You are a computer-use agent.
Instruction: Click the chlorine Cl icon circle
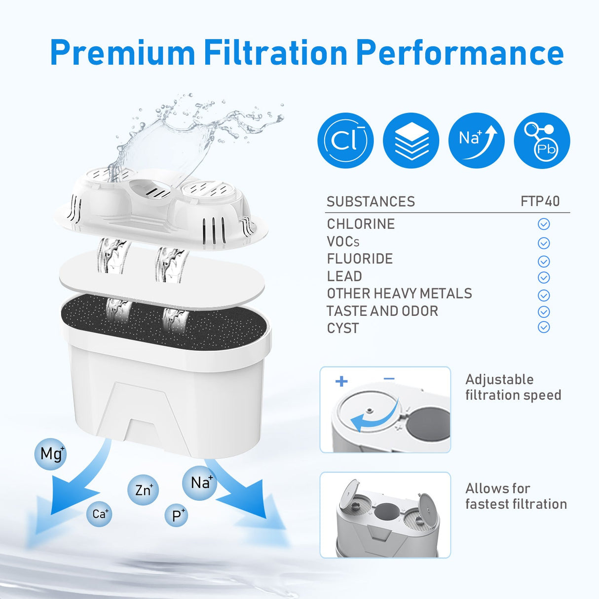(x=345, y=141)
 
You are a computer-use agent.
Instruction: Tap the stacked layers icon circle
(x=411, y=141)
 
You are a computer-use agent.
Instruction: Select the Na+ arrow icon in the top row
(x=476, y=141)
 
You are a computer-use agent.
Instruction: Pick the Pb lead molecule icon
(x=542, y=141)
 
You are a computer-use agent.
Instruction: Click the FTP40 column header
(x=540, y=201)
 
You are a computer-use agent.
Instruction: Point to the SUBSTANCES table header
(x=371, y=201)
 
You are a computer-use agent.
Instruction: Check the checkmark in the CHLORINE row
(x=543, y=225)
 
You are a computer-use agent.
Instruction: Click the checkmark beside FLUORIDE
(x=543, y=261)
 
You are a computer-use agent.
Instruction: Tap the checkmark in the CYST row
(x=543, y=327)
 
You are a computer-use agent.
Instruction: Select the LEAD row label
(x=344, y=276)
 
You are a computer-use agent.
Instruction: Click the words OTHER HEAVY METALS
(x=399, y=294)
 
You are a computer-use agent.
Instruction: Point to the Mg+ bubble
(x=51, y=453)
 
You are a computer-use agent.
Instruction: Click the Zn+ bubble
(x=143, y=489)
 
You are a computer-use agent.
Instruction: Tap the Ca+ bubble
(x=99, y=514)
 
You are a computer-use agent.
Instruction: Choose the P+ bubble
(x=177, y=515)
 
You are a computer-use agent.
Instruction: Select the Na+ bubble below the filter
(x=200, y=483)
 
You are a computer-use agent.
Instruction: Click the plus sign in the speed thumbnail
(x=341, y=381)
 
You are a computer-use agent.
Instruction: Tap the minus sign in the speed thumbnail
(x=389, y=379)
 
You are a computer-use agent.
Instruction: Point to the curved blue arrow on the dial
(x=375, y=417)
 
